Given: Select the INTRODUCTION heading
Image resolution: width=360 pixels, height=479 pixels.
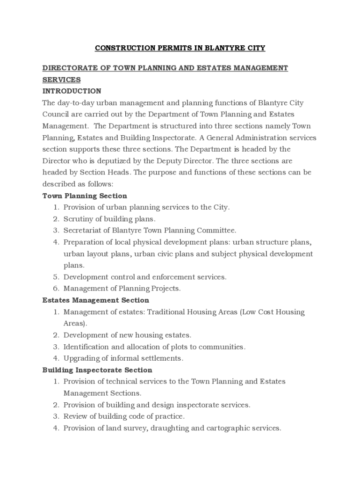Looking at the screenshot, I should (72, 91).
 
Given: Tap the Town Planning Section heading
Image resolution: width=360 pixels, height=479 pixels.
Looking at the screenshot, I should (85, 196).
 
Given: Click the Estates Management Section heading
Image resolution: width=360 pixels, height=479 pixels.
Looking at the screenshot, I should (96, 300).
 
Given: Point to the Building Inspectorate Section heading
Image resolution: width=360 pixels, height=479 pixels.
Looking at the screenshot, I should (97, 370).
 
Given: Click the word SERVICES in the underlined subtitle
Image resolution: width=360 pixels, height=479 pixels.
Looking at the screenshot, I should (62, 80).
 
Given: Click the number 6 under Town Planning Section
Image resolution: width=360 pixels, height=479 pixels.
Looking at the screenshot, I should (55, 288).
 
